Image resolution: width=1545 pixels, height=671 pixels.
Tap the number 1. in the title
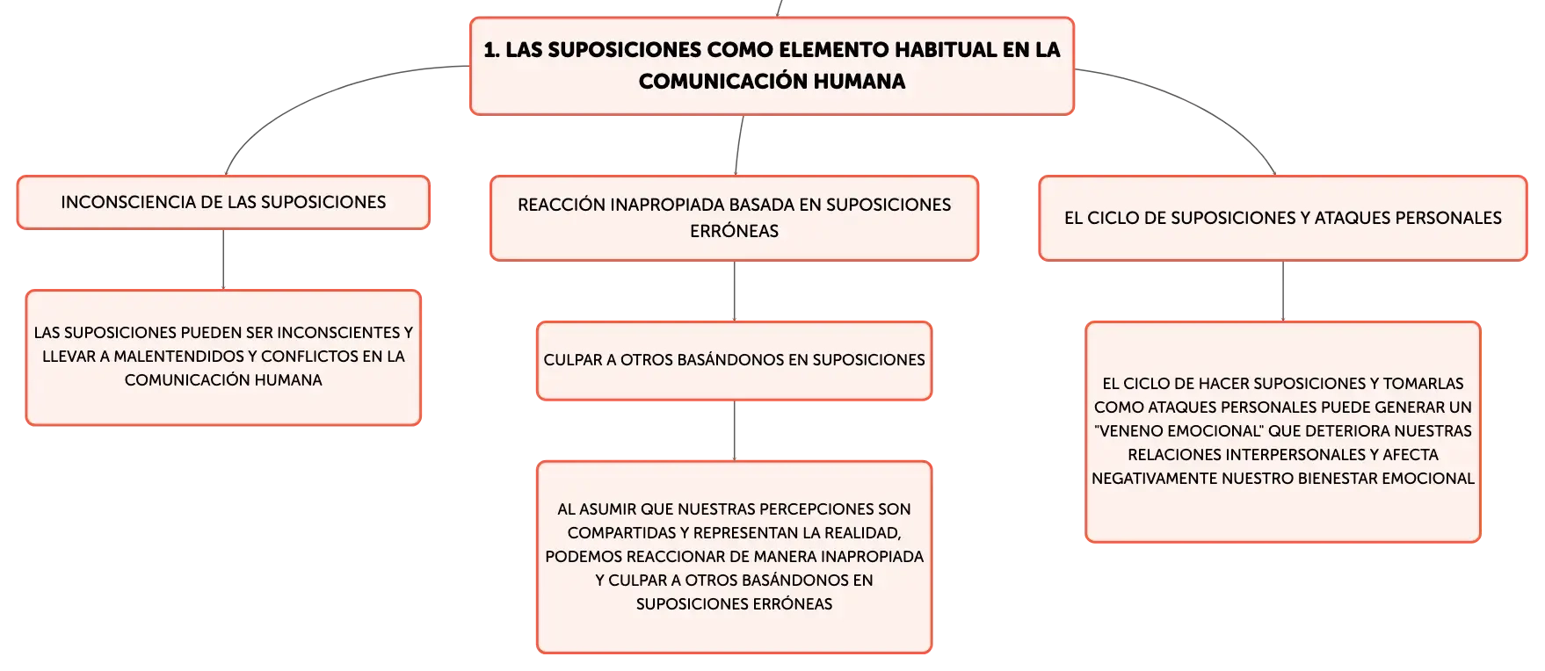tap(491, 49)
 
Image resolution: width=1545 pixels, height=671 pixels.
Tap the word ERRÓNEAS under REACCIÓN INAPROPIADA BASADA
tap(734, 231)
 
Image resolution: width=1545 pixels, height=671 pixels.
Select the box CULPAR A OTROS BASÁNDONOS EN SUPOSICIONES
tap(734, 361)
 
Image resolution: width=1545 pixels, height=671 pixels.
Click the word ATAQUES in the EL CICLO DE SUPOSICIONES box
tap(1353, 218)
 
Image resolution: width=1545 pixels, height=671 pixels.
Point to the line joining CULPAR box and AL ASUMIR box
tap(734, 430)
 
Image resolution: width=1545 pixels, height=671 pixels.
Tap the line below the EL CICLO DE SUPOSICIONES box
tap(1283, 292)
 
